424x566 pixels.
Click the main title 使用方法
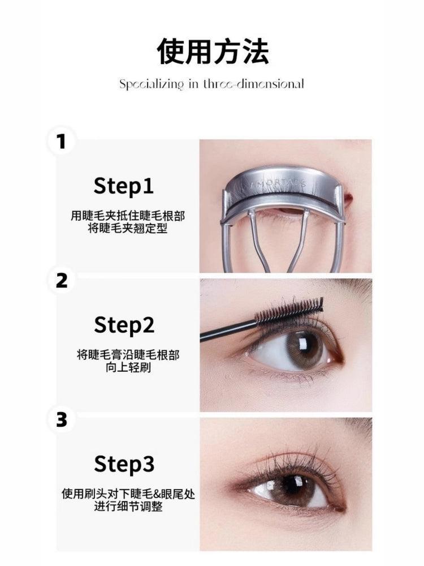pos(212,52)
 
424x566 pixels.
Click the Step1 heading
pos(123,186)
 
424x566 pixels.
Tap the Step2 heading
pos(123,325)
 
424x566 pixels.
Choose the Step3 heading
pos(123,465)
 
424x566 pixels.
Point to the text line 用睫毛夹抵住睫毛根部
pos(128,216)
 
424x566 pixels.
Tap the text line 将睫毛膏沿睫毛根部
pos(128,355)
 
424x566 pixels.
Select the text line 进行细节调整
pos(128,507)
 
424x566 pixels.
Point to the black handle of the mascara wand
pos(226,331)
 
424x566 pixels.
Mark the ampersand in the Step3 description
pos(147,494)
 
